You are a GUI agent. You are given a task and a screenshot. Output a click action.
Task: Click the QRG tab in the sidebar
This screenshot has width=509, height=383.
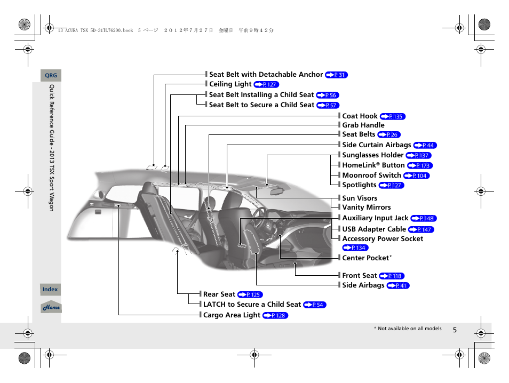[x=51, y=76]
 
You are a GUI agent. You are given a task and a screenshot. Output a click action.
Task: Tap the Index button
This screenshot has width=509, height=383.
[x=50, y=289]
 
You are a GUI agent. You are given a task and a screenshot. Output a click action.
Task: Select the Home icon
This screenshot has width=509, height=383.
[x=51, y=307]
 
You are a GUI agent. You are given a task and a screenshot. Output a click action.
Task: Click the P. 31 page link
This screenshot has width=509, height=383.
[x=336, y=75]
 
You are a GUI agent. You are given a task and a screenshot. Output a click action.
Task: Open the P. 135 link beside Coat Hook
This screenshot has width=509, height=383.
[x=393, y=116]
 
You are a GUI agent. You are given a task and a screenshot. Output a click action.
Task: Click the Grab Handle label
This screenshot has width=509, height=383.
[x=363, y=125]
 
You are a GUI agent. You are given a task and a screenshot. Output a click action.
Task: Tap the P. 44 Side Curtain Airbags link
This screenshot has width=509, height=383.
[x=425, y=145]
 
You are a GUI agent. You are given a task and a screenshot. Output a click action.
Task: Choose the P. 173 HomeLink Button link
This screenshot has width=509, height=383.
[x=419, y=166]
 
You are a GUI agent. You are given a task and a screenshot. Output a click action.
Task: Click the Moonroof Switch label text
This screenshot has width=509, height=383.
[x=371, y=175]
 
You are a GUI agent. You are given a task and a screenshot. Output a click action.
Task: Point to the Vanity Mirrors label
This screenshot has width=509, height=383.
[x=366, y=208]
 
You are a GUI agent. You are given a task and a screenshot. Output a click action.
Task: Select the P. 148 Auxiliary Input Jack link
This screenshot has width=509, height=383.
[x=424, y=219]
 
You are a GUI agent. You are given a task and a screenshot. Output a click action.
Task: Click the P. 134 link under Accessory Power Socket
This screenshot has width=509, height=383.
[x=355, y=248]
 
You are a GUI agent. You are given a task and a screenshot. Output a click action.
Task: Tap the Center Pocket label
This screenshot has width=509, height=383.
[x=366, y=258]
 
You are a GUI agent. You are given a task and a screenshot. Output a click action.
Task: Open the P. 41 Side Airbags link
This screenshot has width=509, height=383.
[x=398, y=286]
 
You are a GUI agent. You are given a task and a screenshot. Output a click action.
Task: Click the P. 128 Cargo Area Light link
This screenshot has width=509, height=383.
[x=275, y=316]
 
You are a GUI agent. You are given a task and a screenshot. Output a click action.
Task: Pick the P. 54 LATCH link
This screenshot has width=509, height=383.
[x=314, y=305]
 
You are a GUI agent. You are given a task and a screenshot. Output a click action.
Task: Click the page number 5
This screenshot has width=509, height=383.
[x=455, y=330]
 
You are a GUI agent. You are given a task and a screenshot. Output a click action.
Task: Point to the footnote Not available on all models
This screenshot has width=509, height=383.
[x=408, y=329]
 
